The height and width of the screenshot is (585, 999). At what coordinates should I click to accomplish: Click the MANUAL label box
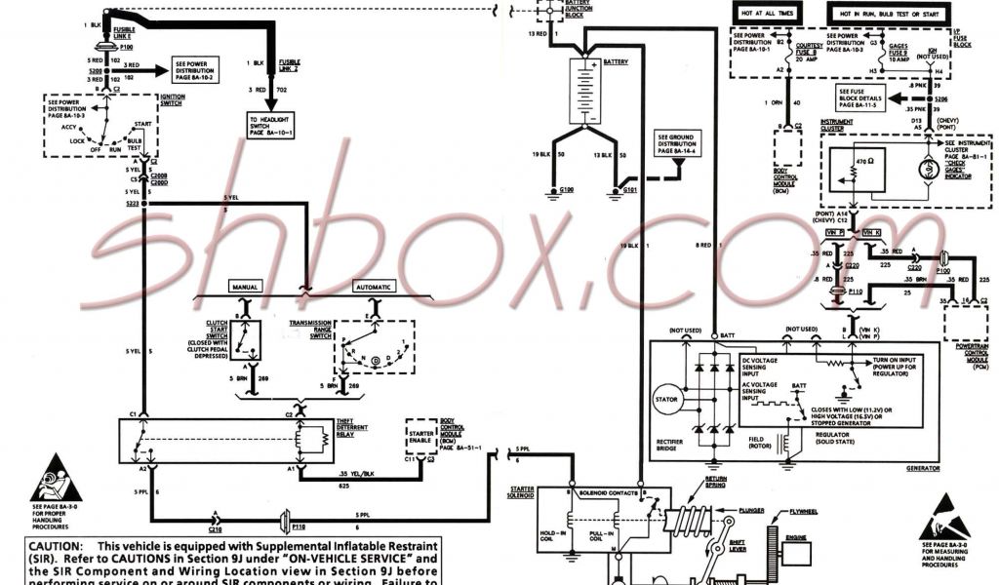click(243, 287)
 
